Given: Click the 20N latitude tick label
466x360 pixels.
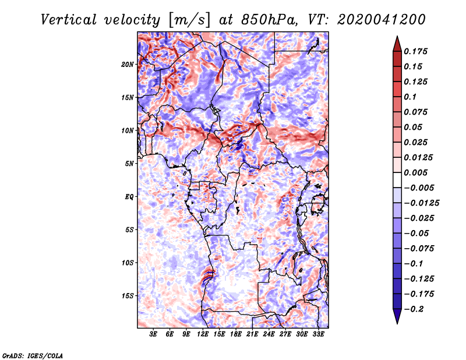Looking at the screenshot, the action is (128, 65).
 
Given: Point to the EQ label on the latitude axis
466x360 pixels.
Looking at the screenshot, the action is (129, 197).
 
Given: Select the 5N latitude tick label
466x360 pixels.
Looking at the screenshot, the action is (129, 164).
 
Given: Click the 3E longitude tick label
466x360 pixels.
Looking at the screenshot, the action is (153, 334).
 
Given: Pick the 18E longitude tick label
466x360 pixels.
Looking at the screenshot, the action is (236, 334).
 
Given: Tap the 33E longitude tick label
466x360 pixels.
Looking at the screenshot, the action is (318, 334).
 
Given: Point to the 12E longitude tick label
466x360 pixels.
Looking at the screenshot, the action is (203, 334).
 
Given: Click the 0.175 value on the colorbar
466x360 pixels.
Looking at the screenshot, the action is (415, 51).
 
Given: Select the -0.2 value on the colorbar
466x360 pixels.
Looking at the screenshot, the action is (414, 309).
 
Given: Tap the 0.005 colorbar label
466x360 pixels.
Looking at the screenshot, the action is (415, 172).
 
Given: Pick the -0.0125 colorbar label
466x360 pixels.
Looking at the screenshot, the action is (421, 203).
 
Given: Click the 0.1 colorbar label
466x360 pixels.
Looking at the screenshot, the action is (410, 97).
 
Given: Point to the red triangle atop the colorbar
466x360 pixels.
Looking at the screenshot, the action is (397, 44).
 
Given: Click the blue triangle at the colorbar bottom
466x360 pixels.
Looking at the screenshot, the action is (397, 316).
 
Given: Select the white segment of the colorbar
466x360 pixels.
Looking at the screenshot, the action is (397, 180).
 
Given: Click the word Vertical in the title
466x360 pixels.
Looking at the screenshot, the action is (69, 20).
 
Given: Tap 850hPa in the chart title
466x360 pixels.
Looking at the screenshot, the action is (269, 20).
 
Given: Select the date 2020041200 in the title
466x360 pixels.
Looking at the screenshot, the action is (382, 20).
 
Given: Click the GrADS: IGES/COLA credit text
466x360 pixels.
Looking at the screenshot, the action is (33, 356).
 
